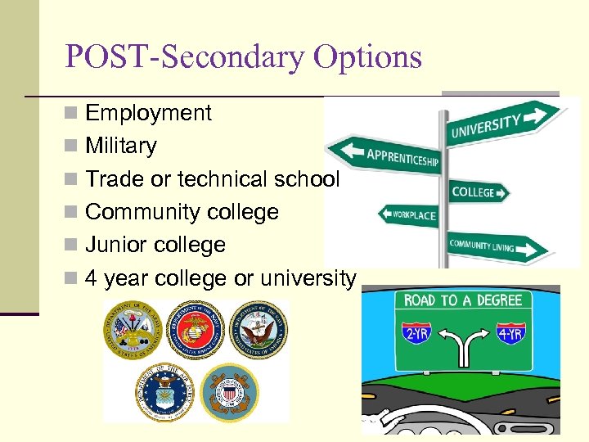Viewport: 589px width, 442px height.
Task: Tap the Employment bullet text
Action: [148, 113]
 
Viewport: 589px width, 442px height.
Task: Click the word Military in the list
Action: [120, 146]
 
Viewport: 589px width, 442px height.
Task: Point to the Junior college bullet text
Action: [155, 245]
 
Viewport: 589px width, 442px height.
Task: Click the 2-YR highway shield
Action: [417, 334]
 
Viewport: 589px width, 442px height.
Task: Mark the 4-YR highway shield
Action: [511, 334]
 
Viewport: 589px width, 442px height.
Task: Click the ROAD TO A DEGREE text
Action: [463, 301]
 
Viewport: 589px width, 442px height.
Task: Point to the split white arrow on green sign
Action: [464, 341]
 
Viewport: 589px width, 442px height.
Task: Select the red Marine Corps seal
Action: [194, 329]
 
